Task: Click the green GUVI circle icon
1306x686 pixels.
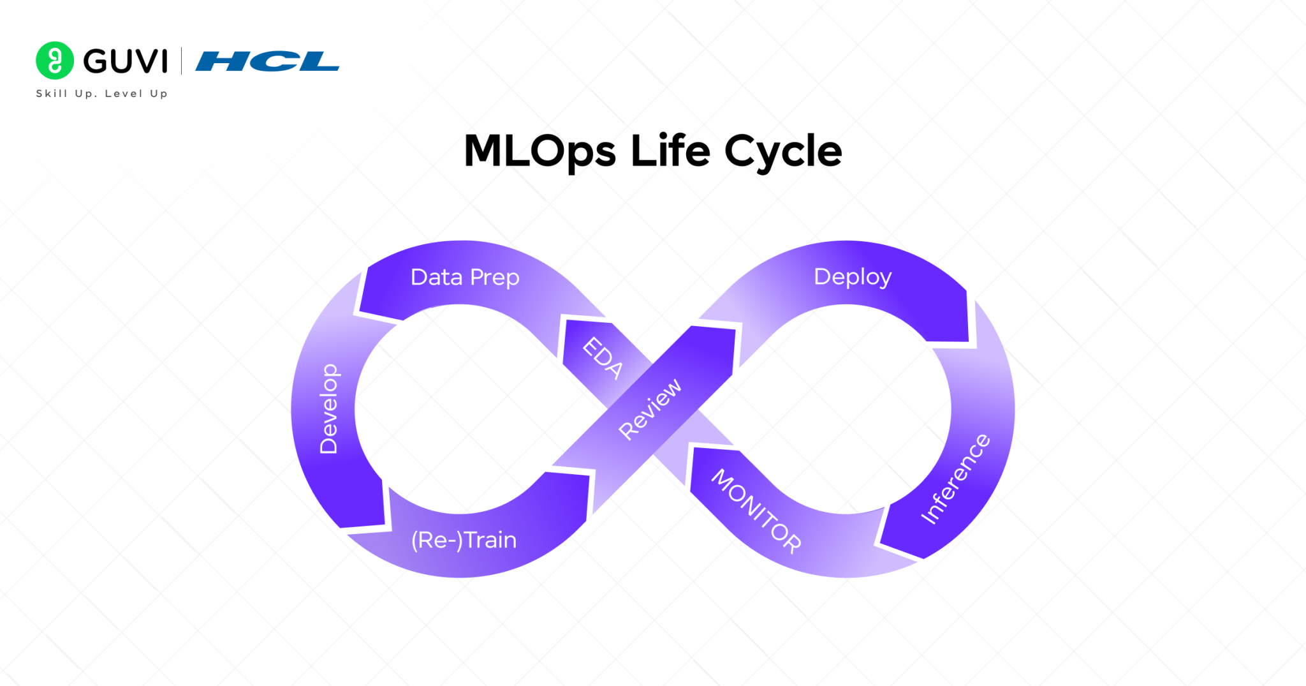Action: pyautogui.click(x=55, y=61)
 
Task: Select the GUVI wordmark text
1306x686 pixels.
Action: pyautogui.click(x=125, y=61)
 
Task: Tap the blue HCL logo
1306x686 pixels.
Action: pyautogui.click(x=267, y=61)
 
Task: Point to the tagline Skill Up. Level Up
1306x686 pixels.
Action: pyautogui.click(x=102, y=94)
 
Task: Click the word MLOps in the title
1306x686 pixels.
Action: pyautogui.click(x=539, y=152)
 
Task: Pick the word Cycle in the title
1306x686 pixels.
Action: pyautogui.click(x=783, y=152)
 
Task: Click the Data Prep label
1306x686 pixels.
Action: pyautogui.click(x=465, y=278)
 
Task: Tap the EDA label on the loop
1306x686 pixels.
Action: pyautogui.click(x=603, y=358)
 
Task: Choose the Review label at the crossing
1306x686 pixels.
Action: pyautogui.click(x=650, y=409)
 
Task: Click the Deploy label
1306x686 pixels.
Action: pyautogui.click(x=853, y=277)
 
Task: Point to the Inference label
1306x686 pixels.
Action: pyautogui.click(x=955, y=479)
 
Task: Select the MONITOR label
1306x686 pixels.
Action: pyautogui.click(x=756, y=511)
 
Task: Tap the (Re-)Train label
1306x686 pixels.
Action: pyautogui.click(x=464, y=541)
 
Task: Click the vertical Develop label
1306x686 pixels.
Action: pyautogui.click(x=328, y=409)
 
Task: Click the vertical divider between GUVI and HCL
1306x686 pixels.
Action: pyautogui.click(x=182, y=61)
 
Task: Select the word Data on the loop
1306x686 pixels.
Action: pyautogui.click(x=436, y=278)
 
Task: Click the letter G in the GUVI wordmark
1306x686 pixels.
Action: pyautogui.click(x=96, y=61)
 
